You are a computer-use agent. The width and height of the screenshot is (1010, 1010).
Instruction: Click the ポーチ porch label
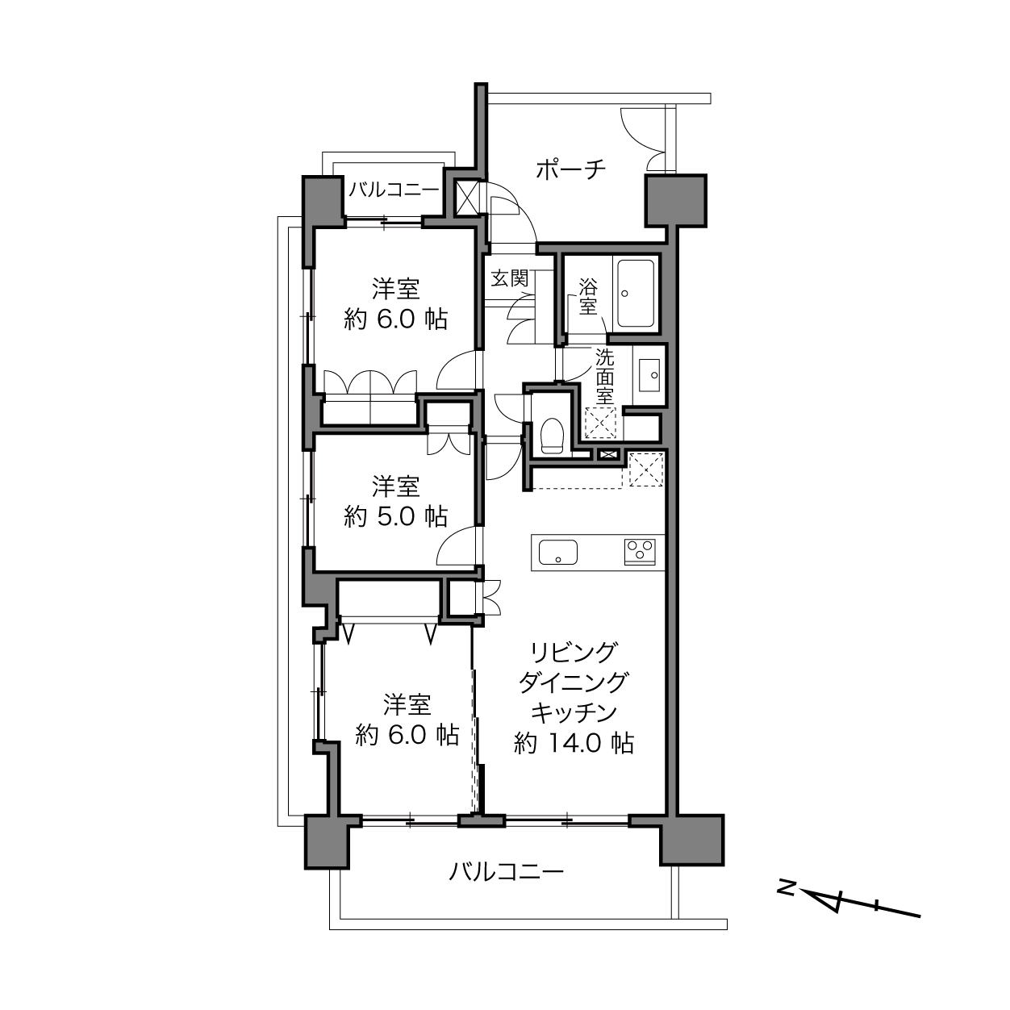[571, 169]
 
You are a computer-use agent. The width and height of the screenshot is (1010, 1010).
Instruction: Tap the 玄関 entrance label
[510, 278]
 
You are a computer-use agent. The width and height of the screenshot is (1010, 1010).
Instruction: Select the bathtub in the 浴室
[636, 294]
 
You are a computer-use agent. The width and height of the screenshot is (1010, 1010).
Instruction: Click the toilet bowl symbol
[551, 435]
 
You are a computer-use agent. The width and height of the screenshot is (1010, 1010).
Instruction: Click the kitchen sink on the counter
[558, 552]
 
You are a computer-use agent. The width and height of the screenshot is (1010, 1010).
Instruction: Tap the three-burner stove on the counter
[640, 552]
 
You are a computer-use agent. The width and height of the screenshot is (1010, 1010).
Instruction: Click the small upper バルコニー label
[394, 190]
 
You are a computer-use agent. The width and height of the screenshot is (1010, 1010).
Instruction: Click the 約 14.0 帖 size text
[574, 743]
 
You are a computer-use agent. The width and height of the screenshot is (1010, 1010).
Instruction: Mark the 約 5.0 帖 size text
[396, 517]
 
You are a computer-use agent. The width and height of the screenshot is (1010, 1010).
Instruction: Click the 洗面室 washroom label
[604, 377]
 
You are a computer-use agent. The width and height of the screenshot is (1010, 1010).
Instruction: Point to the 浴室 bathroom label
[587, 297]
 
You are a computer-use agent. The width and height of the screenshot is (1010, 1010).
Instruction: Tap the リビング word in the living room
[573, 653]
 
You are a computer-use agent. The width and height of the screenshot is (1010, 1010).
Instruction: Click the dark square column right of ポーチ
[675, 201]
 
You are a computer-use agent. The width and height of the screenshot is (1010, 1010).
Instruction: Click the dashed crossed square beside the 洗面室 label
[601, 423]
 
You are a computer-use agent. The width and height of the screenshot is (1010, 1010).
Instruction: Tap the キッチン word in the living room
[574, 713]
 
